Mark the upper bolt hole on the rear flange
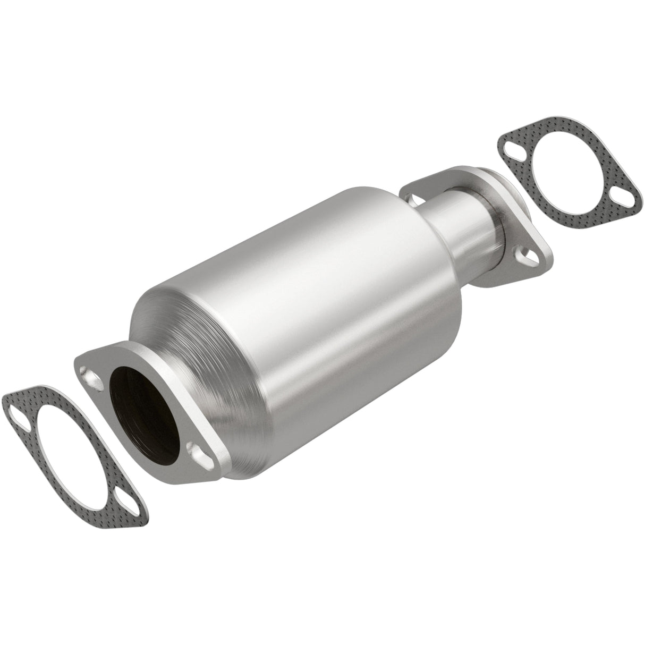[x=413, y=199]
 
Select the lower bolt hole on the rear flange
[x=529, y=256]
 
